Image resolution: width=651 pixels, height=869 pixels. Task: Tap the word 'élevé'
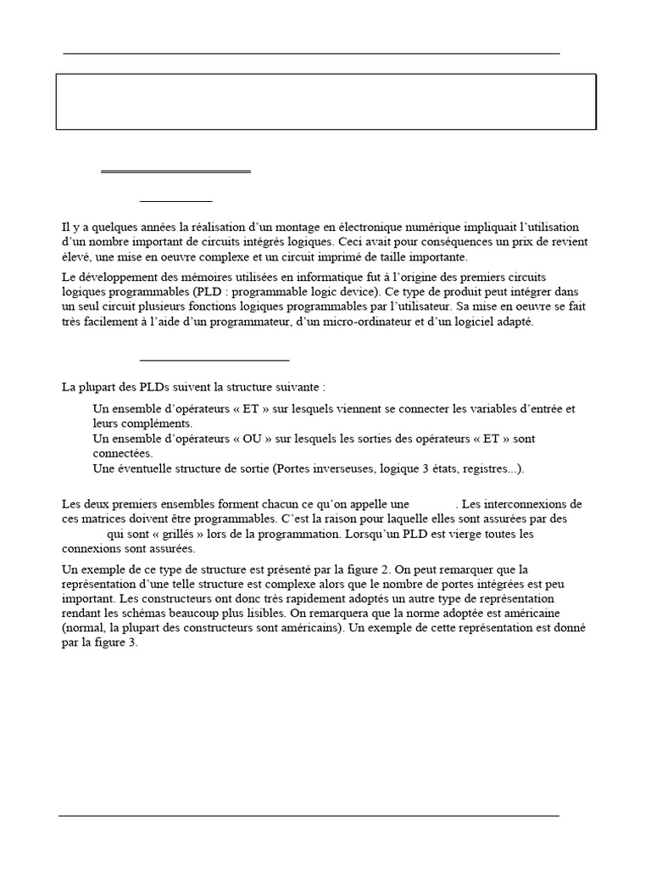click(76, 256)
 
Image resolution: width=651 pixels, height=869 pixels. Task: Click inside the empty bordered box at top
click(326, 102)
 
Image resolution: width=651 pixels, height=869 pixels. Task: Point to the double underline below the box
click(175, 172)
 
